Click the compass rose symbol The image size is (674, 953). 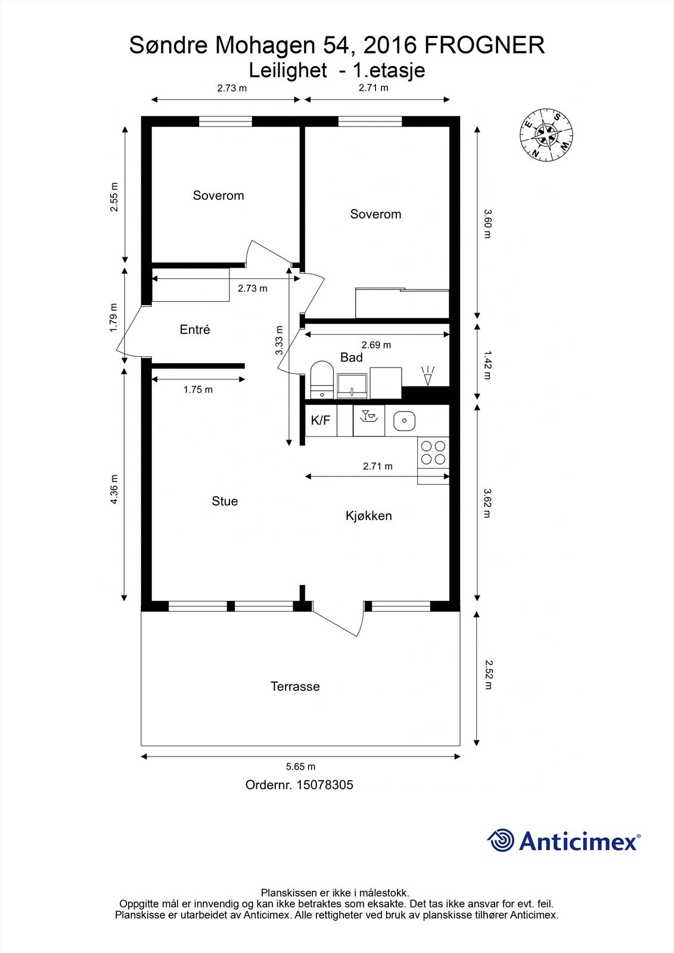click(546, 135)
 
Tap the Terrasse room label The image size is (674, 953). click(295, 686)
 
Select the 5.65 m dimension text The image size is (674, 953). click(301, 767)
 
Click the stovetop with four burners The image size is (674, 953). click(433, 452)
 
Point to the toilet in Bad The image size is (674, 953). click(322, 379)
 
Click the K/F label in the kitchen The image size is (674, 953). click(321, 421)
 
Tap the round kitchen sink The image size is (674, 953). click(404, 421)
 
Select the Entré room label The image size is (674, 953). click(195, 329)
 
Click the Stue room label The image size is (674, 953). click(225, 501)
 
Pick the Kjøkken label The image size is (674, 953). click(369, 515)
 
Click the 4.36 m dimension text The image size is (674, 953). click(114, 489)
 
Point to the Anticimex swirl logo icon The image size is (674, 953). click(501, 841)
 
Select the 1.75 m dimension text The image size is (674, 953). click(198, 390)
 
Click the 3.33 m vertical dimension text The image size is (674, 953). click(279, 341)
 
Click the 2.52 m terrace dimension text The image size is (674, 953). click(487, 674)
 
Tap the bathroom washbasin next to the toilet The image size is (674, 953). click(352, 386)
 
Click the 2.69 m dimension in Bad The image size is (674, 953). click(377, 345)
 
